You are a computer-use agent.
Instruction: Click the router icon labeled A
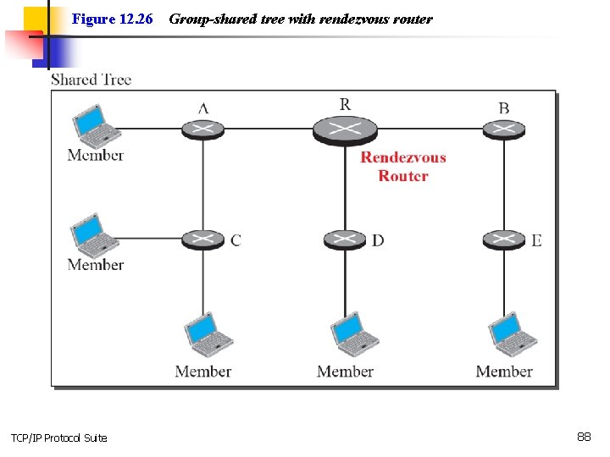202,129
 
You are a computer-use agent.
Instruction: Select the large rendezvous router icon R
344,129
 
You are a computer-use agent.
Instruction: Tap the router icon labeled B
504,129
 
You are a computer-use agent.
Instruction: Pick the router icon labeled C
202,240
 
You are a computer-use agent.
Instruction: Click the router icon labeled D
344,240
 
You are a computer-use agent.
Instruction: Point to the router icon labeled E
504,240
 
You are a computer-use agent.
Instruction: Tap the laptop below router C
206,335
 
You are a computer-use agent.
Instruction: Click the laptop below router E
513,335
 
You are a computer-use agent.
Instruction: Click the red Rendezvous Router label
402,167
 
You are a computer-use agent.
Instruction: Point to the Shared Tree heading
91,80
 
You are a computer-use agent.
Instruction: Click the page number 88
584,437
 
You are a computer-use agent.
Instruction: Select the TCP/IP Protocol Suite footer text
58,438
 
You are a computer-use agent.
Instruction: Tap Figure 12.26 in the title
112,19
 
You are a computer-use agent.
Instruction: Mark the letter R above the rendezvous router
345,104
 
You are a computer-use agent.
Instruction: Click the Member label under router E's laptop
504,372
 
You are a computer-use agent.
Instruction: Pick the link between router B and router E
504,184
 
